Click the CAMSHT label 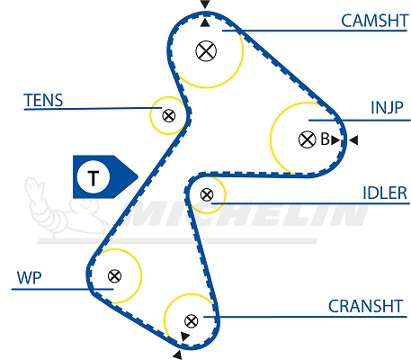[x=374, y=21]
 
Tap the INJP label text [x=387, y=107]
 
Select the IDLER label [x=385, y=193]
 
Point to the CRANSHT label [x=365, y=306]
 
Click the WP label [x=29, y=278]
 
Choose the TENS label [x=43, y=100]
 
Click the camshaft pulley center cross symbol [x=206, y=51]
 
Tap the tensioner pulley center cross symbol [x=168, y=115]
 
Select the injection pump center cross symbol [x=308, y=139]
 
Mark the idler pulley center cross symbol [x=207, y=194]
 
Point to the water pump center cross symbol [x=114, y=275]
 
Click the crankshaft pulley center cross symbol [x=191, y=321]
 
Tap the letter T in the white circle [x=93, y=178]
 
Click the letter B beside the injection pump [x=325, y=139]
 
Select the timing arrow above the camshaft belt [x=205, y=4]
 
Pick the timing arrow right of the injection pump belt [x=353, y=140]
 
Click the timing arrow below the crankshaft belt [x=177, y=355]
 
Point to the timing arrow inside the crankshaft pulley [x=184, y=337]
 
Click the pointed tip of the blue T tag [x=138, y=176]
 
